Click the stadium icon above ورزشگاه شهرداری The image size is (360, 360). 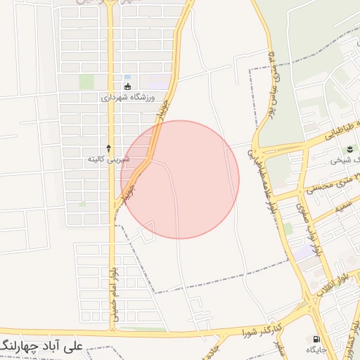click(127, 86)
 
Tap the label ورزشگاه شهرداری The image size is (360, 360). click(127, 98)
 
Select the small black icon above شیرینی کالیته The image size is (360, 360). click(108, 148)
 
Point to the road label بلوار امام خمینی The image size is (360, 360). click(114, 296)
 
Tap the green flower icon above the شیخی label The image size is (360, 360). click(350, 149)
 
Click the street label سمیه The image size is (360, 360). click(342, 206)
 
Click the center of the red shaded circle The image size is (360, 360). click(180, 179)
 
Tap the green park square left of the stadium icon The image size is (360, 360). click(86, 82)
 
